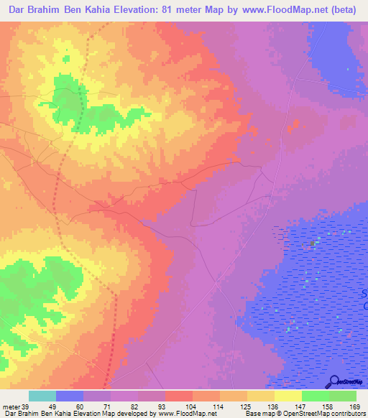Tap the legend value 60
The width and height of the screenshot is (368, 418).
click(88, 407)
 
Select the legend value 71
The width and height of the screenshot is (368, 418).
click(115, 407)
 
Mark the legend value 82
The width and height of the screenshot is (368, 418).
click(142, 407)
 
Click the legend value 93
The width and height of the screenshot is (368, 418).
click(170, 407)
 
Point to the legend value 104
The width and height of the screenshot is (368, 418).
click(197, 407)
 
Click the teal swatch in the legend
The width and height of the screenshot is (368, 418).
click(42, 396)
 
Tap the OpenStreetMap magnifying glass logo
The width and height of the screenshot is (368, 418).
click(333, 381)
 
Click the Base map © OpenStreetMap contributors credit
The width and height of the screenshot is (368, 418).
click(305, 414)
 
